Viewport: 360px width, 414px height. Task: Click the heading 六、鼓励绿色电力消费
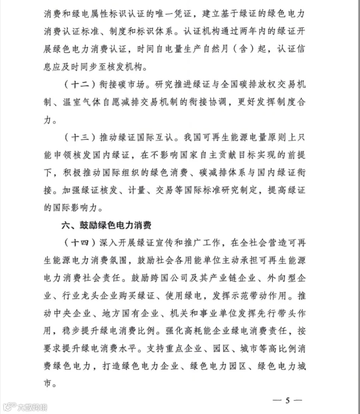106,225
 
